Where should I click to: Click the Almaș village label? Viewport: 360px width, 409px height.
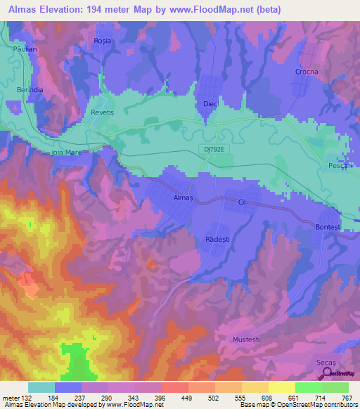(183, 198)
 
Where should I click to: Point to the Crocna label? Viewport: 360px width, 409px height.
(306, 72)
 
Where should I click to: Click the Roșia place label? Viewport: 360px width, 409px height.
(103, 41)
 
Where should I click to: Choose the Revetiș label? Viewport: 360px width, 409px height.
(103, 113)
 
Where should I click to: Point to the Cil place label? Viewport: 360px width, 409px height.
(243, 200)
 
